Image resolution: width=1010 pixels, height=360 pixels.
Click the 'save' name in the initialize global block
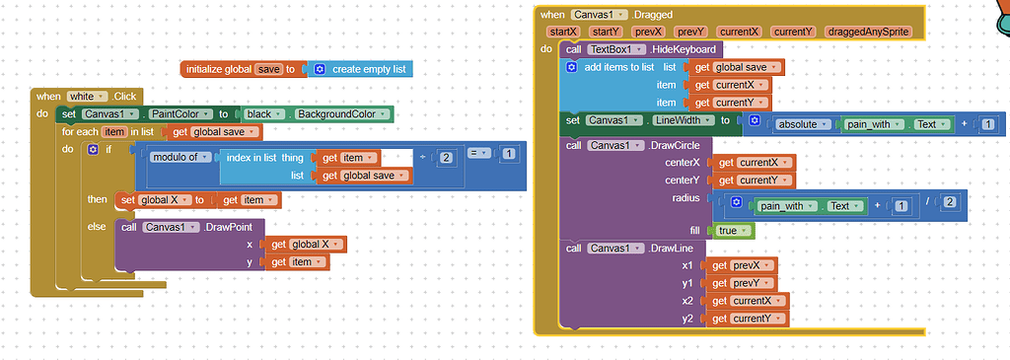(x=268, y=69)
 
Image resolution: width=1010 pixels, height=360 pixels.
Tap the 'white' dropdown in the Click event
(x=84, y=96)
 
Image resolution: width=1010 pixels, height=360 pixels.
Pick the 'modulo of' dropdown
(x=181, y=158)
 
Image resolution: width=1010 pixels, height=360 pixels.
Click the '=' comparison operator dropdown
(x=478, y=154)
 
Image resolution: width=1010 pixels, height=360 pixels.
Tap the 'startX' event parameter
(x=562, y=33)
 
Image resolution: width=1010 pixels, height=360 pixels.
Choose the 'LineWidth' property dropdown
(x=680, y=120)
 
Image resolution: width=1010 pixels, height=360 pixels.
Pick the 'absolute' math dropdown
(x=803, y=124)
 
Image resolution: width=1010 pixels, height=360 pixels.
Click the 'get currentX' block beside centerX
(x=753, y=162)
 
